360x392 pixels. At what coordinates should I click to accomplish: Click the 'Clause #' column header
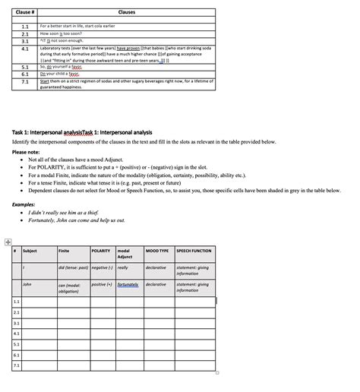pyautogui.click(x=25, y=12)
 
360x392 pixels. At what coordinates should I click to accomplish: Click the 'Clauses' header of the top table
pyautogui.click(x=127, y=12)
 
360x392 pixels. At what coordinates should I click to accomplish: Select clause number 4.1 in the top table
pyautogui.click(x=25, y=48)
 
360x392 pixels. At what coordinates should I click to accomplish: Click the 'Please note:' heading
pyautogui.click(x=27, y=151)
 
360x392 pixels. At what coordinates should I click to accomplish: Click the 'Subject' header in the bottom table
pyautogui.click(x=30, y=251)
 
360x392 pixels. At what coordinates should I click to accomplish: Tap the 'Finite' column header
pyautogui.click(x=64, y=251)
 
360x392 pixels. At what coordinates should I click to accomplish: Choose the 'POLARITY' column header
pyautogui.click(x=101, y=251)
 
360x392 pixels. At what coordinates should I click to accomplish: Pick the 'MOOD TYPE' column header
pyautogui.click(x=157, y=251)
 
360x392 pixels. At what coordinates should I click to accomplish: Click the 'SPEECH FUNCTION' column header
pyautogui.click(x=194, y=251)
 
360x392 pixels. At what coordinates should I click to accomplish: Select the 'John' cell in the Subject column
pyautogui.click(x=28, y=284)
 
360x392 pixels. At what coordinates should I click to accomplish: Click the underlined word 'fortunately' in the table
pyautogui.click(x=129, y=284)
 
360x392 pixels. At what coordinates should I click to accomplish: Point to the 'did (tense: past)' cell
pyautogui.click(x=72, y=267)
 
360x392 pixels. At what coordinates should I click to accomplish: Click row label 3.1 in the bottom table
pyautogui.click(x=17, y=322)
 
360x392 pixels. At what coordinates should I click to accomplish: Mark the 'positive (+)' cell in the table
pyautogui.click(x=102, y=284)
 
